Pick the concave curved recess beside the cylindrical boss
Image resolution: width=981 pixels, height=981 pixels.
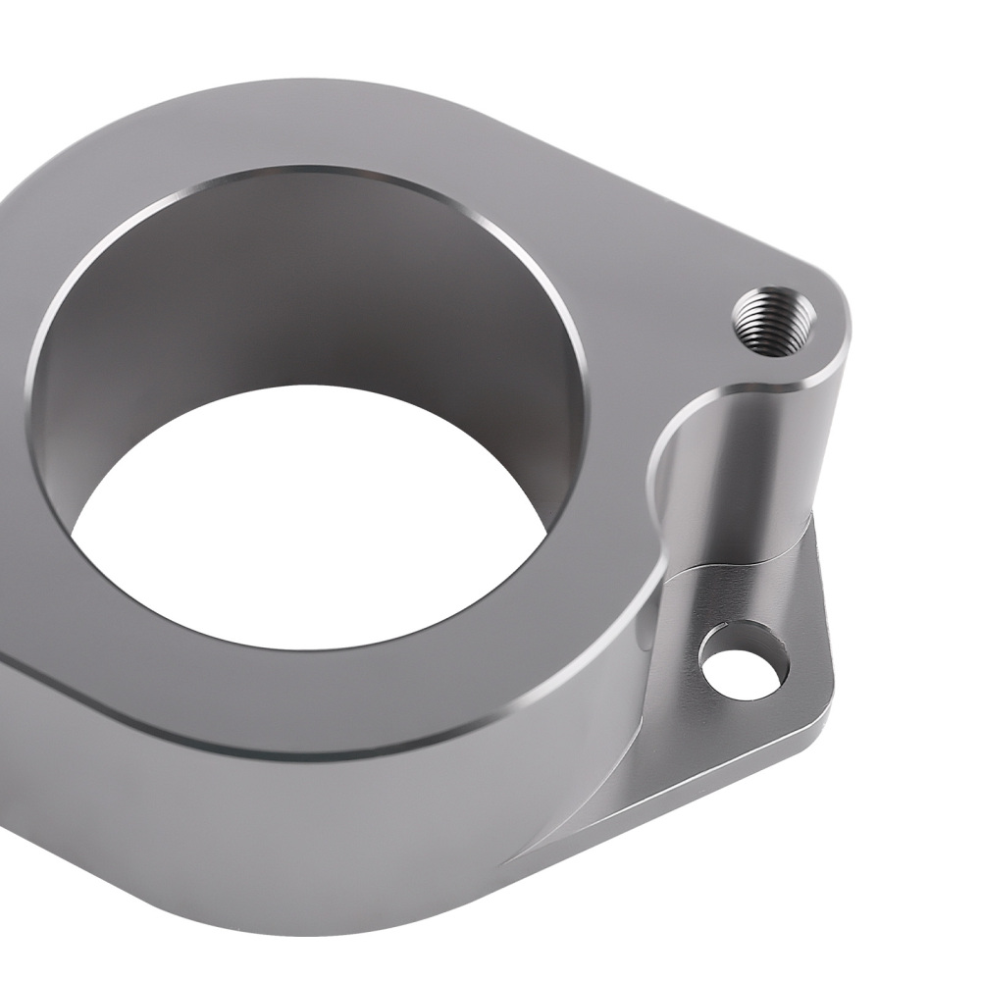click(677, 490)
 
